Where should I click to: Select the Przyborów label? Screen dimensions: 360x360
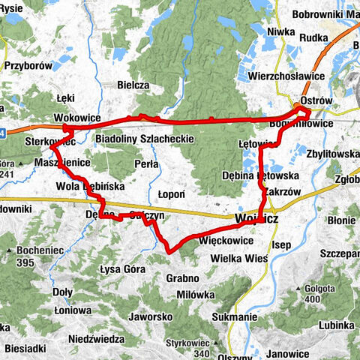click(27, 65)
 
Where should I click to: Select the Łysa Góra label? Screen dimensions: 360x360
click(121, 268)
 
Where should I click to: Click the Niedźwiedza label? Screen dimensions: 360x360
click(95, 339)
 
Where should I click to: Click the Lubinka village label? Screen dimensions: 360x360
click(335, 325)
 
